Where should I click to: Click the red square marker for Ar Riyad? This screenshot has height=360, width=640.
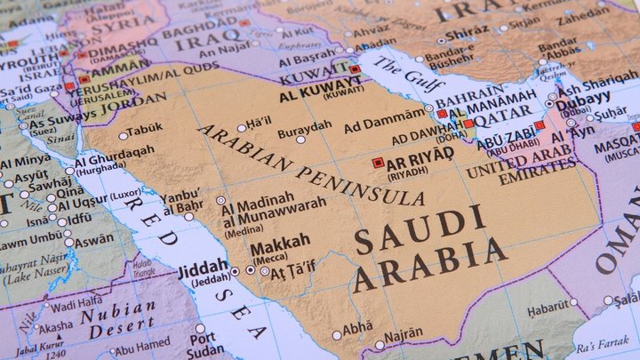click(x=378, y=163)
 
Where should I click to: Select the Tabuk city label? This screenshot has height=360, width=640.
click(x=145, y=129)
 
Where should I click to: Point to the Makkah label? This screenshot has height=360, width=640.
click(x=280, y=240)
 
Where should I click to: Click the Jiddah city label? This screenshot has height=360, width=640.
click(x=204, y=268)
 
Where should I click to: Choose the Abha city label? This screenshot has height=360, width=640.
click(x=357, y=328)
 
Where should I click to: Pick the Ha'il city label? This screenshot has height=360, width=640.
click(x=259, y=121)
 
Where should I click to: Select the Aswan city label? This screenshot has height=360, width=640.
click(x=93, y=241)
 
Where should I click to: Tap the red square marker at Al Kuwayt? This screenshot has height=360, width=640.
click(x=355, y=69)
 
